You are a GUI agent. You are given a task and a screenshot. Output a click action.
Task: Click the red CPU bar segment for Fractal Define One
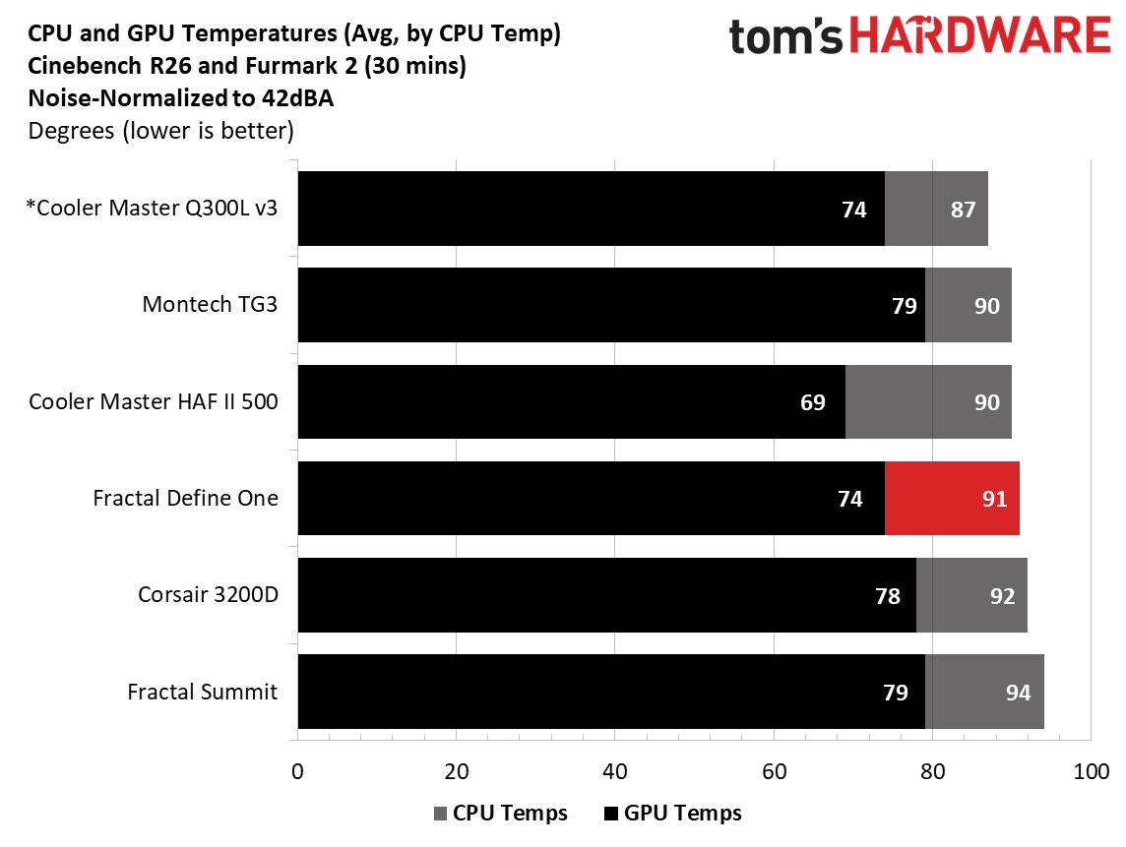(952, 498)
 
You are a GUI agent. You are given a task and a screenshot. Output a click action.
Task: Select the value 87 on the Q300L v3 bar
(963, 210)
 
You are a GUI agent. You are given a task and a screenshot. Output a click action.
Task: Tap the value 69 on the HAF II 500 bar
(812, 402)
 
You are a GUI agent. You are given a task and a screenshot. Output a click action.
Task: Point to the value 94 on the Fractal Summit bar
(1018, 693)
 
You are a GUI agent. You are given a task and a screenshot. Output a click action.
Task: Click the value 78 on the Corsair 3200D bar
(888, 596)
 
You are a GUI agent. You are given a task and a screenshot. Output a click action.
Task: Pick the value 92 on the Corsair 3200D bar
(1002, 596)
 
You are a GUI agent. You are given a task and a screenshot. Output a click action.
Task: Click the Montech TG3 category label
(210, 304)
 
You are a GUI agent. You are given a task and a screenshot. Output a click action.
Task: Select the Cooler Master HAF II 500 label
(153, 401)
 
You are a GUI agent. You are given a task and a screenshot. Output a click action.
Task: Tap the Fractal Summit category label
(202, 692)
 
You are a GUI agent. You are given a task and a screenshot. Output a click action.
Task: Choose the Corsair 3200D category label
(208, 594)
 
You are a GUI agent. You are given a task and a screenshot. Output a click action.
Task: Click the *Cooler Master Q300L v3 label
(152, 208)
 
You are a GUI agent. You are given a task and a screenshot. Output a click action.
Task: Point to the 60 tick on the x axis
(774, 771)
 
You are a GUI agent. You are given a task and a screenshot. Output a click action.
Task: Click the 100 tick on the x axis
(1091, 771)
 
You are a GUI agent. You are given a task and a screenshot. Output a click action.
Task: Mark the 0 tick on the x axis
(297, 771)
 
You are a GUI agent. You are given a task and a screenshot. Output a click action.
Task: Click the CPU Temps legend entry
(501, 814)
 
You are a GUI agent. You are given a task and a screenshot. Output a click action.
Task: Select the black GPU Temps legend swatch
(611, 814)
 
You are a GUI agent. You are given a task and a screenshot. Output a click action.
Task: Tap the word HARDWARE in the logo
(981, 35)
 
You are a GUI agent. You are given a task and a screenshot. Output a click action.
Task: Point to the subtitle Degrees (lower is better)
(160, 132)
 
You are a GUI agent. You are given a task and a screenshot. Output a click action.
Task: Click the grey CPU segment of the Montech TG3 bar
(969, 305)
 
